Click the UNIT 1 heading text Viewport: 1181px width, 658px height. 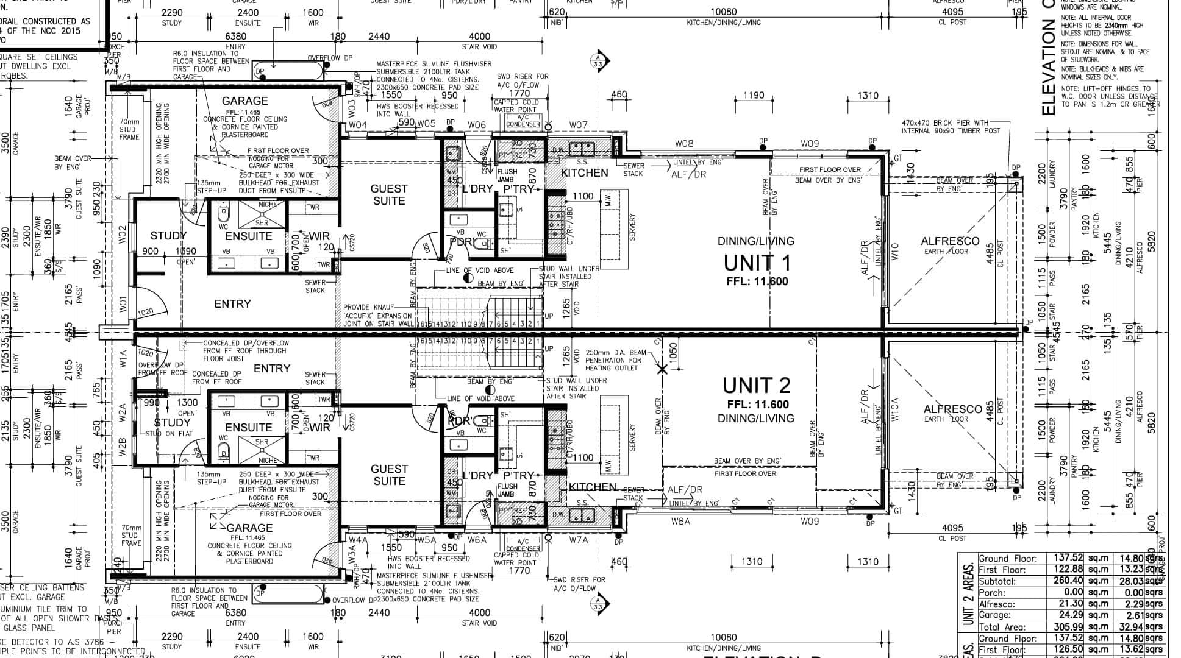[x=757, y=263]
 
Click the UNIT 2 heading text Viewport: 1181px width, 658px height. [x=757, y=385]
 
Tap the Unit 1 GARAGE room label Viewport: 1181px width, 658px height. [x=244, y=101]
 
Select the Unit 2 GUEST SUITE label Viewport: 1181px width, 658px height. [x=389, y=475]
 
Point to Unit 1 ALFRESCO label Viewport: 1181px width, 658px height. [x=950, y=241]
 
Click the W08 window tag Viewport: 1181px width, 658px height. [x=684, y=144]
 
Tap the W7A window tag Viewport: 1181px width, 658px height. [x=579, y=540]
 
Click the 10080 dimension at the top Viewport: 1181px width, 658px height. [x=724, y=12]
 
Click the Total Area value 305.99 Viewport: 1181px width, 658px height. [x=1065, y=627]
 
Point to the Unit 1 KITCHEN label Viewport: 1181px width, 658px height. [x=584, y=173]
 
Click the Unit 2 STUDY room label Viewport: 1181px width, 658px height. [x=172, y=422]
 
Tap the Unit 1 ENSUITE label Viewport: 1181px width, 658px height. [x=248, y=236]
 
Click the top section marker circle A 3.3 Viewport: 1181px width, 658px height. [x=598, y=60]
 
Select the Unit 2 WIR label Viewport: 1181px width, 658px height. [x=320, y=427]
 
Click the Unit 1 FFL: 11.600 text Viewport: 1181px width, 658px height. [x=757, y=281]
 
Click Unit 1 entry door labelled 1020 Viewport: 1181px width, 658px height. [x=146, y=312]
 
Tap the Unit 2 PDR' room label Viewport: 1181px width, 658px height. [x=459, y=421]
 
